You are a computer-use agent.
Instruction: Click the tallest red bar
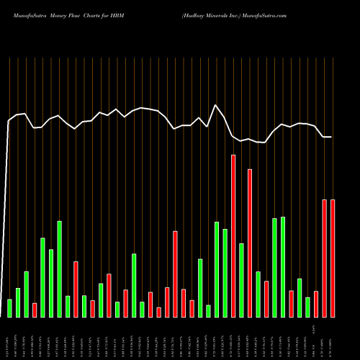click(x=233, y=236)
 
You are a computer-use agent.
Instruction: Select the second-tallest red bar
click(x=250, y=243)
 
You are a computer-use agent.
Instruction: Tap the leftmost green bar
click(x=9, y=308)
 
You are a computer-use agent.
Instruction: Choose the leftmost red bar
click(x=34, y=310)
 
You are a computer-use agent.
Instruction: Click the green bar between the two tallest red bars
click(x=241, y=280)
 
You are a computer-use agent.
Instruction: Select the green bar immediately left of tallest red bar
click(x=225, y=273)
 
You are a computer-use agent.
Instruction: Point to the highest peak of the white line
click(x=215, y=105)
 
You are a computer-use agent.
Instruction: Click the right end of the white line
click(x=332, y=137)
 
